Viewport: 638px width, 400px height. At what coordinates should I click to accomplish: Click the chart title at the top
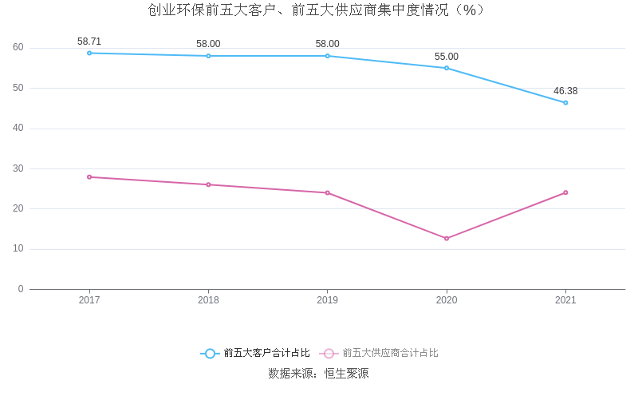click(317, 10)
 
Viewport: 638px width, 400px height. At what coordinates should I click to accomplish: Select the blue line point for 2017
click(89, 53)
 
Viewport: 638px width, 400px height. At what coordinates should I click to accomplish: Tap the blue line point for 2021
click(565, 102)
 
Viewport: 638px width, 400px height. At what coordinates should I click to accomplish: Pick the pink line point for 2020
click(447, 238)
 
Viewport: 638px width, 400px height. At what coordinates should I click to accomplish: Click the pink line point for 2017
click(89, 176)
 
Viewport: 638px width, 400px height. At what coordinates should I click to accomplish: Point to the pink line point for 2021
click(565, 192)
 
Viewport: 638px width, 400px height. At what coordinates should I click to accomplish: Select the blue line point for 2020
click(447, 68)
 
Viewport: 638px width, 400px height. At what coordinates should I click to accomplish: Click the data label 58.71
click(89, 42)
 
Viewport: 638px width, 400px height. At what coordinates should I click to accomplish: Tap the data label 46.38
click(565, 91)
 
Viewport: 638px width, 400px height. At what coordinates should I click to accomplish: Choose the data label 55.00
click(447, 57)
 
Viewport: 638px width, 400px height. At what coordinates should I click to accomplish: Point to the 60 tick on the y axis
click(18, 47)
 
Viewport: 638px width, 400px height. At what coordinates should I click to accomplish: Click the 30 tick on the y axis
click(18, 168)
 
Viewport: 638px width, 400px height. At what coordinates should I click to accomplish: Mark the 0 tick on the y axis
click(21, 289)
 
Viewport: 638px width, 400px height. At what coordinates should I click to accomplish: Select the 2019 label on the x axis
click(327, 300)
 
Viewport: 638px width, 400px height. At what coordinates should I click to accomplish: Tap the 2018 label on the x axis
click(208, 300)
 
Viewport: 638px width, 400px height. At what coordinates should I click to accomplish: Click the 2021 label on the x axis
click(565, 300)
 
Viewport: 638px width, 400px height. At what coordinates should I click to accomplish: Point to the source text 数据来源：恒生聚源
click(318, 374)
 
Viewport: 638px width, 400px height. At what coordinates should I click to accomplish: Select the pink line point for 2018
click(208, 184)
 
